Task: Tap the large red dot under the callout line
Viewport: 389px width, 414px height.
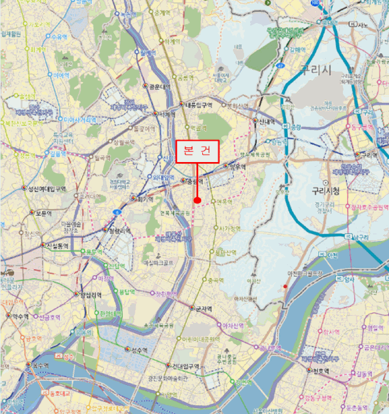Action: pos(197,200)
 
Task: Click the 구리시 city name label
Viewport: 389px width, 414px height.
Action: pos(316,69)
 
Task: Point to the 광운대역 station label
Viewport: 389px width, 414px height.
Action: pos(160,86)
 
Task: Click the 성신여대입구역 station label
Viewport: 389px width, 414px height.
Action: pos(47,189)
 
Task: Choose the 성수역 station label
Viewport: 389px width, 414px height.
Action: pos(139,350)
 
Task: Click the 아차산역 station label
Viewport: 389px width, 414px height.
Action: pos(234,325)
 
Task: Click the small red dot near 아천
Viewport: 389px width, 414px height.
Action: pos(286,287)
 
